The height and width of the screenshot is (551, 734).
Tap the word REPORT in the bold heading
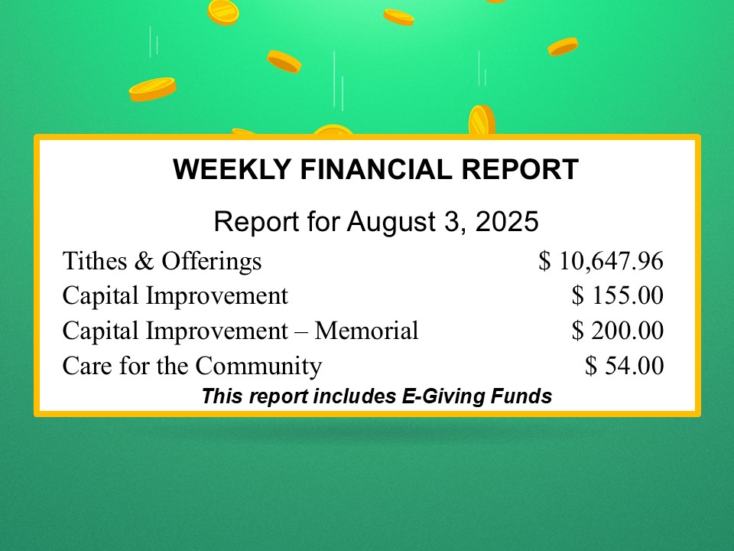(520, 169)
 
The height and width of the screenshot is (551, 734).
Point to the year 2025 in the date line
(507, 221)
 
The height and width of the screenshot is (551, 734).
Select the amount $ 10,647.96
(601, 260)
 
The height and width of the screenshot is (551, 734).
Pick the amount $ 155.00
(618, 295)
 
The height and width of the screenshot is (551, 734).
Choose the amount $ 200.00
(618, 331)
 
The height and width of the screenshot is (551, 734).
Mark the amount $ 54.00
(624, 366)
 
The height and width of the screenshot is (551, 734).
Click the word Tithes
(95, 260)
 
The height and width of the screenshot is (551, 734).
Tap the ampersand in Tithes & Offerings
(144, 261)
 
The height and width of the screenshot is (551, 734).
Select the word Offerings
(212, 262)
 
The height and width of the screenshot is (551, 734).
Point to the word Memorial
(366, 331)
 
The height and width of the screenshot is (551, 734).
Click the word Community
(258, 367)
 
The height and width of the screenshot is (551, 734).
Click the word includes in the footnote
(354, 396)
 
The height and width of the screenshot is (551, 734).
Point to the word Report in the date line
(257, 222)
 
